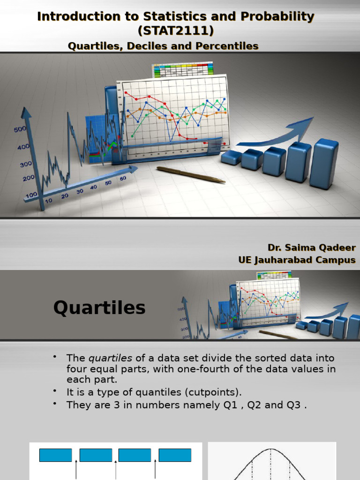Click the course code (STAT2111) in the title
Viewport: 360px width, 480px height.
click(x=176, y=31)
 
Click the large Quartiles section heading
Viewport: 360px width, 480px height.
click(x=99, y=308)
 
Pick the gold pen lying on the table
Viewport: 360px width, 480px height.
click(x=190, y=174)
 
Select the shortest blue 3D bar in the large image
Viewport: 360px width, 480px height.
click(x=231, y=157)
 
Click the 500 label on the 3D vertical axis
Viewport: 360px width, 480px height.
click(x=20, y=129)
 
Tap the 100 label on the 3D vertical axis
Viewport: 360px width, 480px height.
click(x=31, y=194)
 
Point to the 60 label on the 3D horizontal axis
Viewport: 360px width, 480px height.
click(x=123, y=179)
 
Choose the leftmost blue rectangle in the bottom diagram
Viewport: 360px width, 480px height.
click(x=55, y=455)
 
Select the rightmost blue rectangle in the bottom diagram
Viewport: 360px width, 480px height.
click(x=175, y=455)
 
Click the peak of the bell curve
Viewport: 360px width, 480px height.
click(x=271, y=450)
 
